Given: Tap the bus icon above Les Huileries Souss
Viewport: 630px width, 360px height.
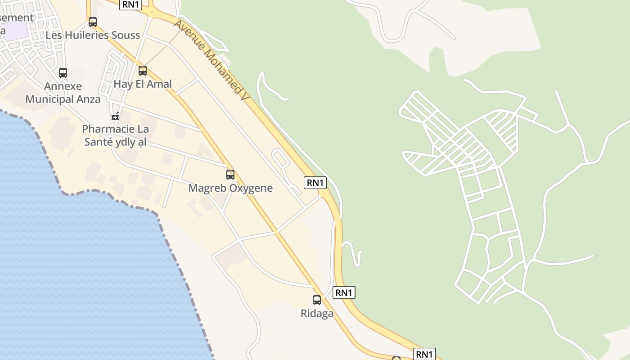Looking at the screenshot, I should click(x=93, y=22).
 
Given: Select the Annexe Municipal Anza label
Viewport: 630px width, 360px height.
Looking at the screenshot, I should click(x=63, y=93).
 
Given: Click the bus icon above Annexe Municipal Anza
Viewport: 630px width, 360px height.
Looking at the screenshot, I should click(x=63, y=72).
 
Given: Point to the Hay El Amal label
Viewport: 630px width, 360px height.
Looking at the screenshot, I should click(x=143, y=84).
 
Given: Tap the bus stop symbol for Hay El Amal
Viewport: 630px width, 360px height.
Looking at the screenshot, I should click(x=143, y=70).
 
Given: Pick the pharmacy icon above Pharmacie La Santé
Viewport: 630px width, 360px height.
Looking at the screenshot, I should click(x=115, y=116).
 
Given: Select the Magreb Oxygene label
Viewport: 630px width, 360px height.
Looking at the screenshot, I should click(x=230, y=188).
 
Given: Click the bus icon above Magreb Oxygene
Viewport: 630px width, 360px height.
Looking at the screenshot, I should click(x=230, y=175).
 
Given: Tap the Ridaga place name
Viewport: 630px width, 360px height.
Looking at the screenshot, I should click(x=317, y=314).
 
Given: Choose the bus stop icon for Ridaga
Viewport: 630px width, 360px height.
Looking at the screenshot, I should click(x=317, y=300).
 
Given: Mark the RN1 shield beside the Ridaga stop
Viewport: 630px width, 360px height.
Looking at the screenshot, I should click(x=344, y=293).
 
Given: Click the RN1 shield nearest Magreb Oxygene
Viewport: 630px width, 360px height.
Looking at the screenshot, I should click(x=315, y=183).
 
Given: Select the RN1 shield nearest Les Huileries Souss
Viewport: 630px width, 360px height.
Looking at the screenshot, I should click(x=131, y=4).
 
